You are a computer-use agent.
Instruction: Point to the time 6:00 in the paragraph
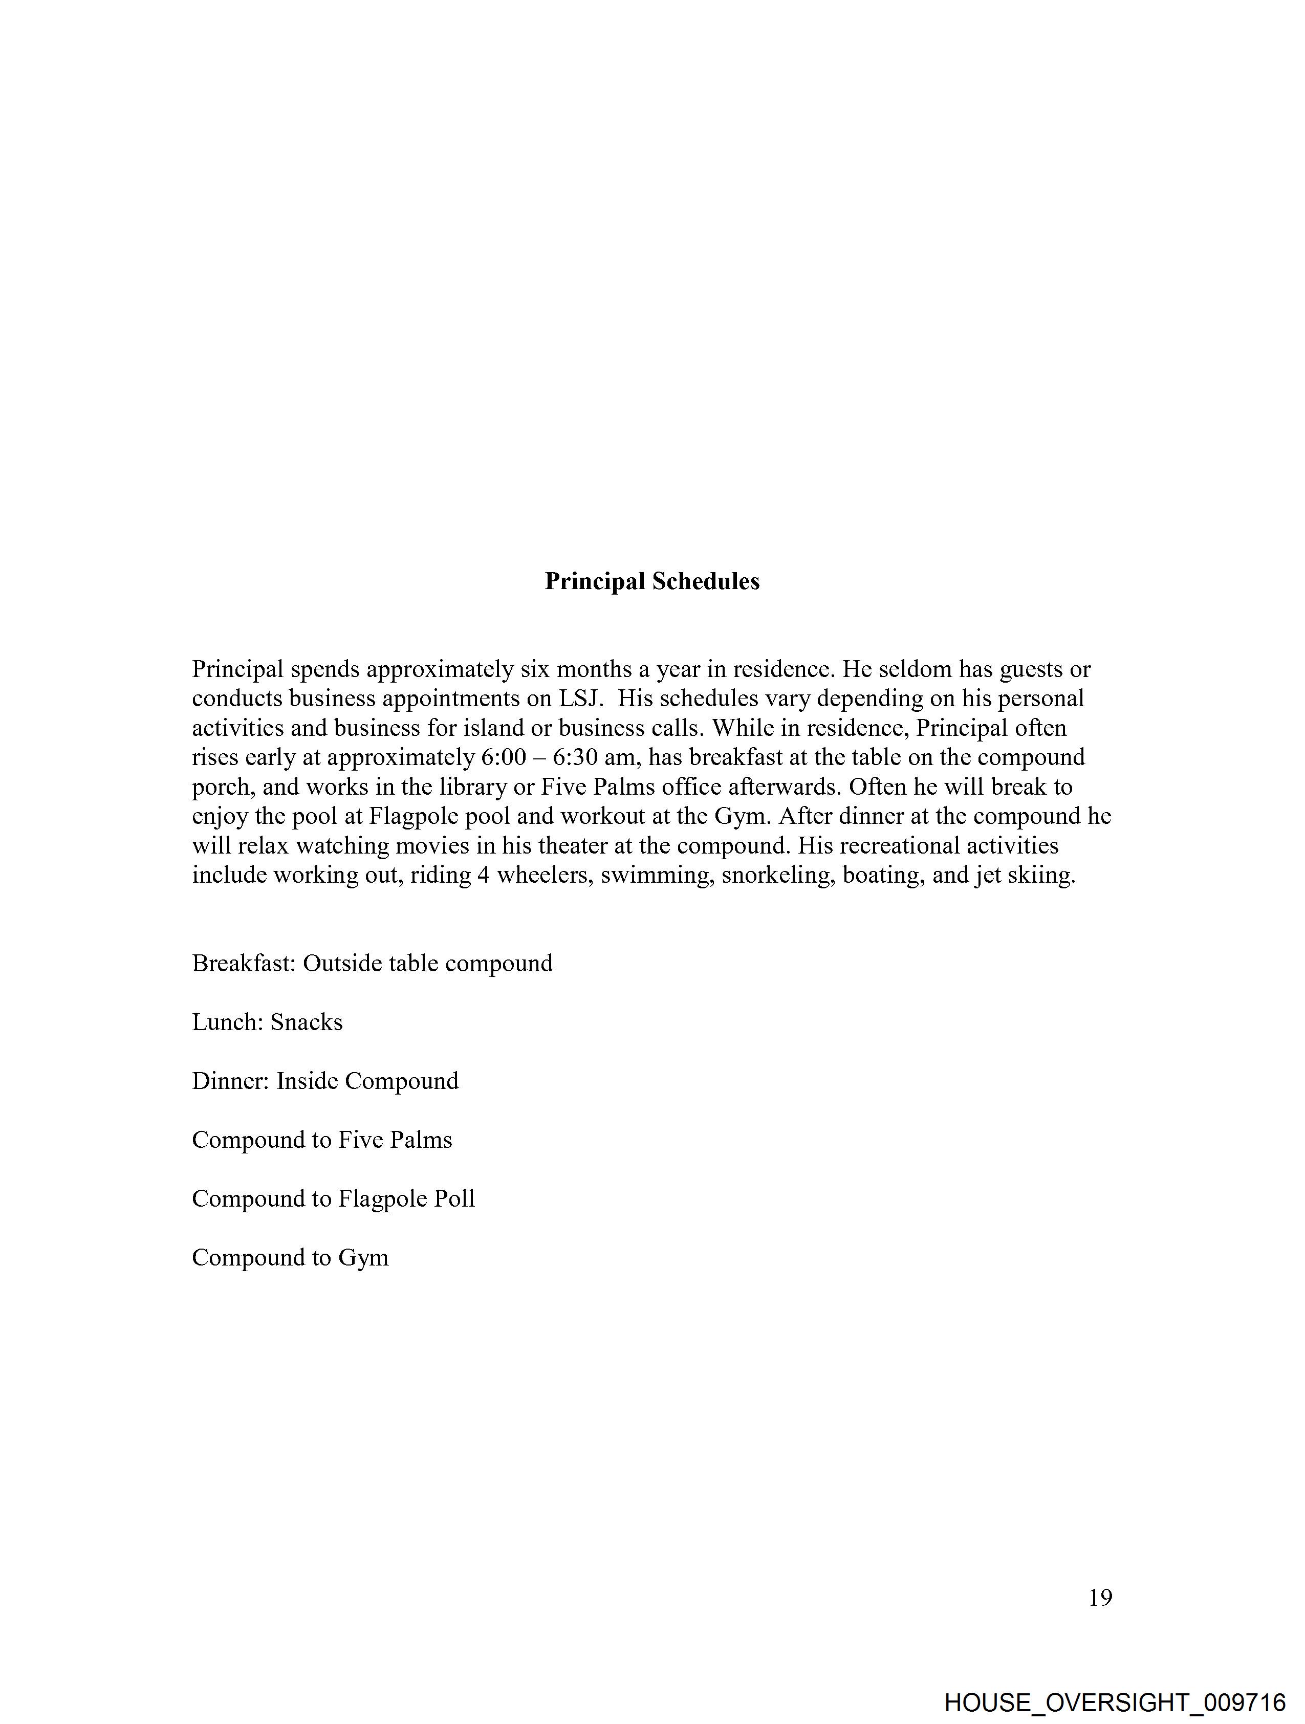(504, 757)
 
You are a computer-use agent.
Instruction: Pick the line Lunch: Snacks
(267, 1022)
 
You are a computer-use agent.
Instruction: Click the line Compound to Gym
(290, 1257)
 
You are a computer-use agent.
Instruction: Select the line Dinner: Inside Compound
(325, 1081)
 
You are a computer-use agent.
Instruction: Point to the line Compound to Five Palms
(322, 1140)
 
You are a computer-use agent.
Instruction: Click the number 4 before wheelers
(483, 875)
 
